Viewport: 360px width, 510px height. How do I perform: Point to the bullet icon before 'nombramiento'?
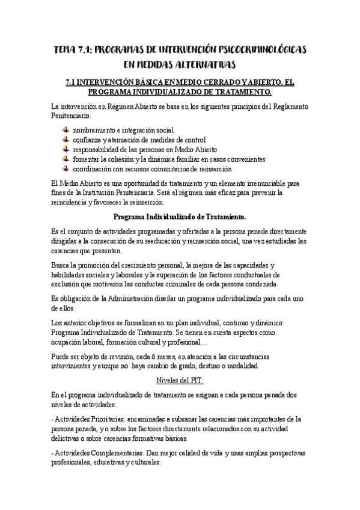(66, 129)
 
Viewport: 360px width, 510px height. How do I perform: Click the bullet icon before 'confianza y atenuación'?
(66, 140)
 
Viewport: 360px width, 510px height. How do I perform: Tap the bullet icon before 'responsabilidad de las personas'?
(66, 149)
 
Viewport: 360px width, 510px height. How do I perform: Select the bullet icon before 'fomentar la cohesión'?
(66, 159)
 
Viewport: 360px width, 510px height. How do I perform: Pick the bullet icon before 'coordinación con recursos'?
(66, 169)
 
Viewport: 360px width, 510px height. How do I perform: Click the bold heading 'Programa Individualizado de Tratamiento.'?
(180, 217)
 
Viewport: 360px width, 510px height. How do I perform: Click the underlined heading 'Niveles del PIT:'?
(180, 380)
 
